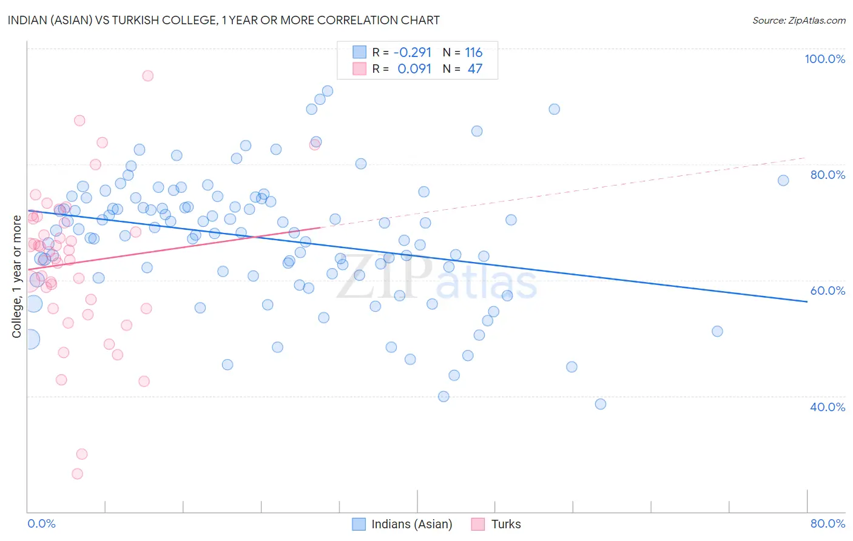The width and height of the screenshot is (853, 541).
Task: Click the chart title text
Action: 223,20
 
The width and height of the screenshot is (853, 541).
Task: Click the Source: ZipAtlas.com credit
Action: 798,20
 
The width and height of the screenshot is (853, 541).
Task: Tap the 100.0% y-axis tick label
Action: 824,59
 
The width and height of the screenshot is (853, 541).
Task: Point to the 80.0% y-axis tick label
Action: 828,175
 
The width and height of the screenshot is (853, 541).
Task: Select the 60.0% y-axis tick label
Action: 828,291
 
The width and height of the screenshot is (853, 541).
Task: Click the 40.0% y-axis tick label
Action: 828,407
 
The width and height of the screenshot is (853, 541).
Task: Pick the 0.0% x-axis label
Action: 41,523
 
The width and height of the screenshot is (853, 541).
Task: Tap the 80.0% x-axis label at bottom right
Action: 828,523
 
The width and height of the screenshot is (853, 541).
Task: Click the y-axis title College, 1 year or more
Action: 17,277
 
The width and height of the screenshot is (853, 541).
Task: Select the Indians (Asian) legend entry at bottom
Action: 402,524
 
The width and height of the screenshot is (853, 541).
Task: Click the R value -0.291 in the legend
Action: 413,53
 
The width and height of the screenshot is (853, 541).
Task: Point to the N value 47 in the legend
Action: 474,69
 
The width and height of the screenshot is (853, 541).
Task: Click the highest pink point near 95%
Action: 147,76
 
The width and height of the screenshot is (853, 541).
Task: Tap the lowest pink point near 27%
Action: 77,474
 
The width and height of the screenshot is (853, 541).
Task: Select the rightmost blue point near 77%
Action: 783,180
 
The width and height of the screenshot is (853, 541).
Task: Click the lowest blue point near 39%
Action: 601,404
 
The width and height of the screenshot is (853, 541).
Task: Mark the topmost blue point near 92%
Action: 328,91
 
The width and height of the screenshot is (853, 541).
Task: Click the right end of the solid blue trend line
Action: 807,301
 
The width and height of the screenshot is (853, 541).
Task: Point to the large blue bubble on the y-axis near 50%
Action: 30,339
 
